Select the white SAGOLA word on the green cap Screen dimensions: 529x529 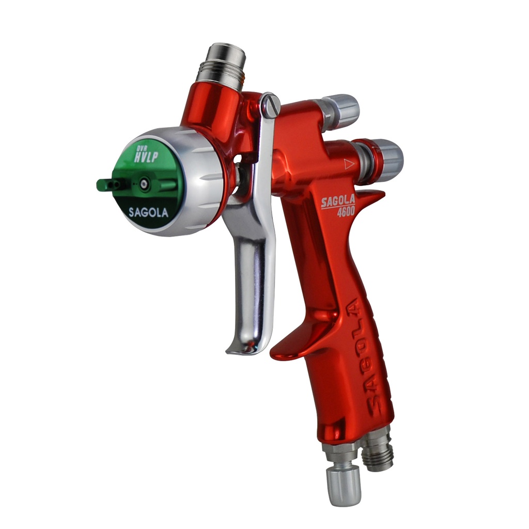coord(148,212)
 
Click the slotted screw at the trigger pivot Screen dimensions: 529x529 coord(271,106)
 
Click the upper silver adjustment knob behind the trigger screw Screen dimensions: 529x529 coord(341,110)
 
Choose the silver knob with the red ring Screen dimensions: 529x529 coord(381,160)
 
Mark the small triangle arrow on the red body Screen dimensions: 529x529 coord(348,165)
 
